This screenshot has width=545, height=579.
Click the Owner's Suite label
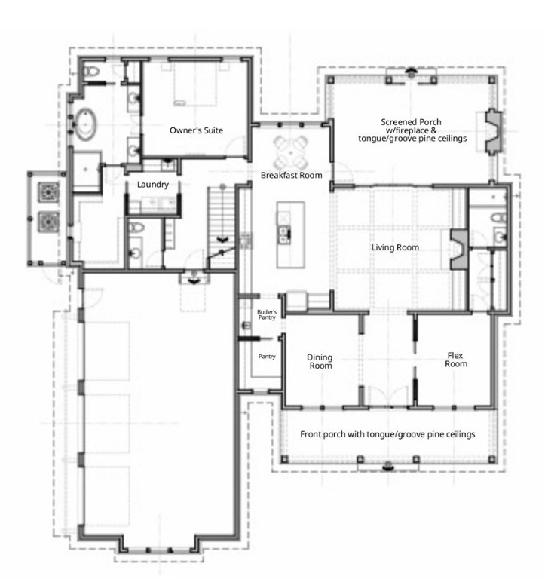pyautogui.click(x=196, y=130)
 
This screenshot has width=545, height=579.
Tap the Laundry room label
pyautogui.click(x=153, y=185)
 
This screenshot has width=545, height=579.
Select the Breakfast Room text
pyautogui.click(x=291, y=175)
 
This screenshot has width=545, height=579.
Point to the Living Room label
pyautogui.click(x=395, y=247)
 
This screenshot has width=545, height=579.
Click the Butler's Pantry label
pyautogui.click(x=267, y=314)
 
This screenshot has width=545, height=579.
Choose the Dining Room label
pyautogui.click(x=320, y=362)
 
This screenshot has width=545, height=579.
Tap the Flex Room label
pyautogui.click(x=455, y=360)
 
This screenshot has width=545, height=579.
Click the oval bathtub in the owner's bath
pyautogui.click(x=86, y=124)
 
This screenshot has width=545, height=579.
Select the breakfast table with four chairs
pyautogui.click(x=291, y=152)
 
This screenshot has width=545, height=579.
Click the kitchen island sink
pyautogui.click(x=284, y=235)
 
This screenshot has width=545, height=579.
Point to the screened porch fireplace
pyautogui.click(x=493, y=130)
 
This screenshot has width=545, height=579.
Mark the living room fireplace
pyautogui.click(x=459, y=250)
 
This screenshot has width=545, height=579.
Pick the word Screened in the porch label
pyautogui.click(x=397, y=122)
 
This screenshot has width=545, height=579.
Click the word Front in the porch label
pyautogui.click(x=310, y=434)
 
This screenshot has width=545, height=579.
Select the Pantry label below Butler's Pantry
pyautogui.click(x=267, y=357)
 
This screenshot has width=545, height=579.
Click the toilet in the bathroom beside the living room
pyautogui.click(x=498, y=217)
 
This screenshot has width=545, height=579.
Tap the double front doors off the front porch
pyautogui.click(x=388, y=397)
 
